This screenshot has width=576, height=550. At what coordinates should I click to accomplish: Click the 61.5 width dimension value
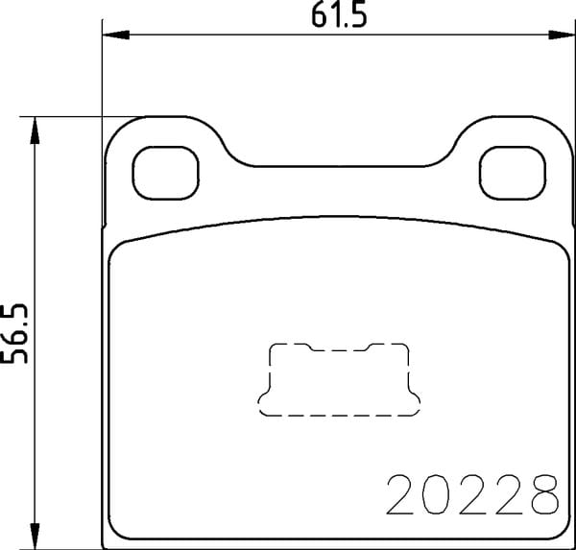coord(339,16)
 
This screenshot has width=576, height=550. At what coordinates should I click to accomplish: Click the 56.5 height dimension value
coord(14,333)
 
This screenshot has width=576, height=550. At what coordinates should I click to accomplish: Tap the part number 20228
coord(472,494)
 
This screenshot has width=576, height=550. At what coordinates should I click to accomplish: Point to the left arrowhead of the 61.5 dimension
coord(115,35)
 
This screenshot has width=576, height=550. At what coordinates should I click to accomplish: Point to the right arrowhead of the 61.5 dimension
coord(562,35)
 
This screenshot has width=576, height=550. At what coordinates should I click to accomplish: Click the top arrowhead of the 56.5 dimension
coord(35,130)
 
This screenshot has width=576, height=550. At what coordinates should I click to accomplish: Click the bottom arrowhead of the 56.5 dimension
coord(35,536)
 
